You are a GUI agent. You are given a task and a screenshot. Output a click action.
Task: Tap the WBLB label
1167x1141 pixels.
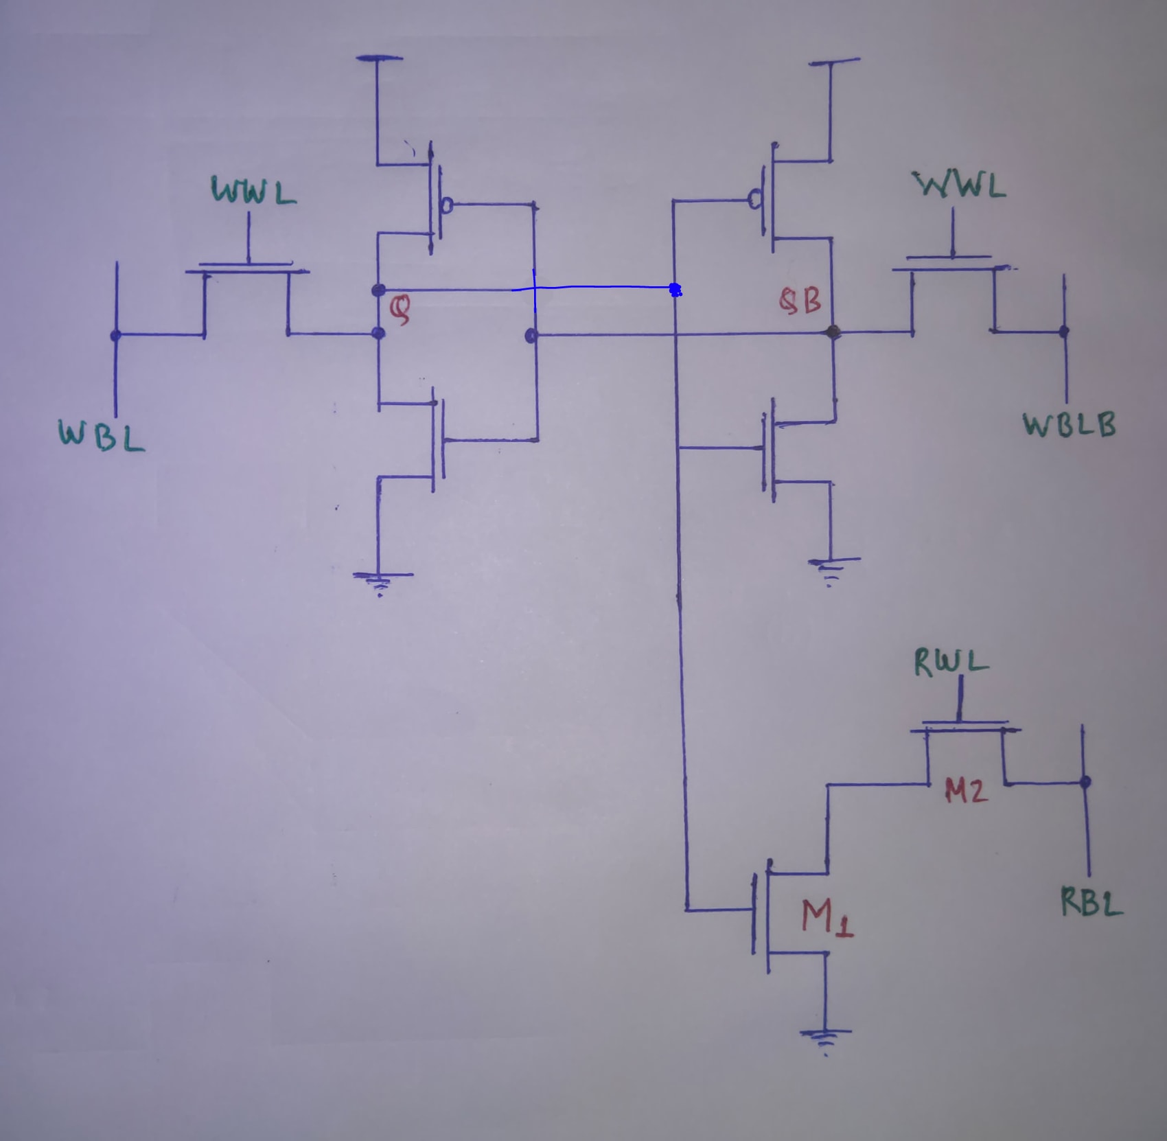(x=1070, y=425)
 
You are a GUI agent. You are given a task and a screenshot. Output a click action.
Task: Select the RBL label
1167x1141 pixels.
(x=1091, y=902)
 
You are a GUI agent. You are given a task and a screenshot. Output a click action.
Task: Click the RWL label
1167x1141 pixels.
(x=951, y=662)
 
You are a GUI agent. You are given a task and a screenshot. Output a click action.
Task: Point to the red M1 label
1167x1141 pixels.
(x=828, y=917)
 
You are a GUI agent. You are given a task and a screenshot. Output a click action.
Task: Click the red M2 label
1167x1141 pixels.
(x=967, y=792)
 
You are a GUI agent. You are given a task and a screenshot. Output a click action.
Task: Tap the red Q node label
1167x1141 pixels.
(x=400, y=310)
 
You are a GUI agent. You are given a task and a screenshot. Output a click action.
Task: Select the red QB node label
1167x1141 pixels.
(x=801, y=301)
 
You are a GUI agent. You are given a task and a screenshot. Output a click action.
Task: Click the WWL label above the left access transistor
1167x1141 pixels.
(x=254, y=191)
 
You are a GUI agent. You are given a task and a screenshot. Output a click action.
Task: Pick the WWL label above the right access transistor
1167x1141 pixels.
(x=960, y=185)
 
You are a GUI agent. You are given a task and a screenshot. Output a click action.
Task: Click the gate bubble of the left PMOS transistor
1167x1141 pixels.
(x=447, y=205)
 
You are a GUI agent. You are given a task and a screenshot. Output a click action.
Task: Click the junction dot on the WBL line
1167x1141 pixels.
(x=115, y=335)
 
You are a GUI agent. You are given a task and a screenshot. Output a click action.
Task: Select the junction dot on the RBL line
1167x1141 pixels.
(x=1085, y=782)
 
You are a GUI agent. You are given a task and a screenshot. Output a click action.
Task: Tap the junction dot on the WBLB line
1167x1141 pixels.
(x=1064, y=332)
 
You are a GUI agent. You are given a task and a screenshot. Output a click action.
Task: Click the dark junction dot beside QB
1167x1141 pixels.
(x=833, y=332)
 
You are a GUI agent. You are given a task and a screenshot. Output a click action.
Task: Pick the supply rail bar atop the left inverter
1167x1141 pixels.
(x=379, y=59)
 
